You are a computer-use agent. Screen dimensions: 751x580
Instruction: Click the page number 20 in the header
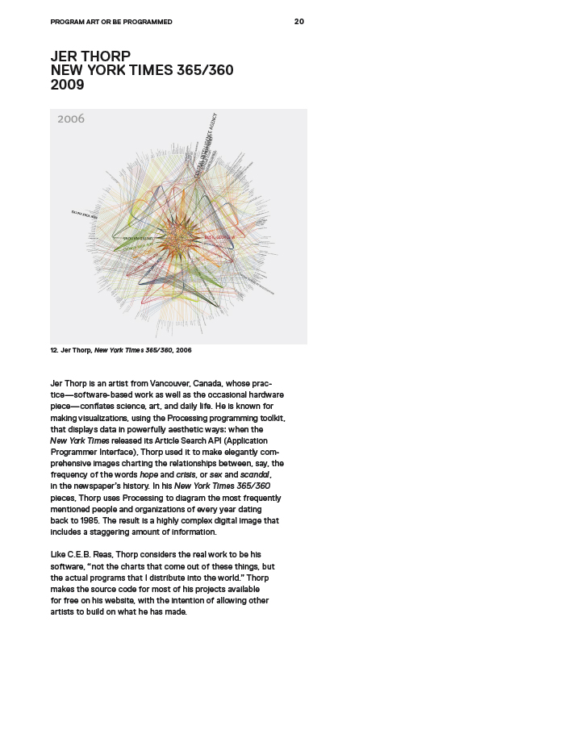[299, 22]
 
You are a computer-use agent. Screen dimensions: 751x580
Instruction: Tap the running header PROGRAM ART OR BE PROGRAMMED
[111, 22]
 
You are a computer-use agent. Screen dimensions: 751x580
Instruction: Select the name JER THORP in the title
[90, 56]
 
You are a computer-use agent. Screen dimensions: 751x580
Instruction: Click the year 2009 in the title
[67, 85]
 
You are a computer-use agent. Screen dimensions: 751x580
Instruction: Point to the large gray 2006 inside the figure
[71, 119]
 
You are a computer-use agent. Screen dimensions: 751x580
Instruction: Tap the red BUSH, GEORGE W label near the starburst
[219, 238]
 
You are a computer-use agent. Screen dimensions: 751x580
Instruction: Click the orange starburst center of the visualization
[178, 237]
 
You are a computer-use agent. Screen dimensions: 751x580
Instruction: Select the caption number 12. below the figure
[54, 351]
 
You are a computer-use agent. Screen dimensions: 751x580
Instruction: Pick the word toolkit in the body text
[268, 419]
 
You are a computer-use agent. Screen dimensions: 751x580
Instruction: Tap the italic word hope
[150, 475]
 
